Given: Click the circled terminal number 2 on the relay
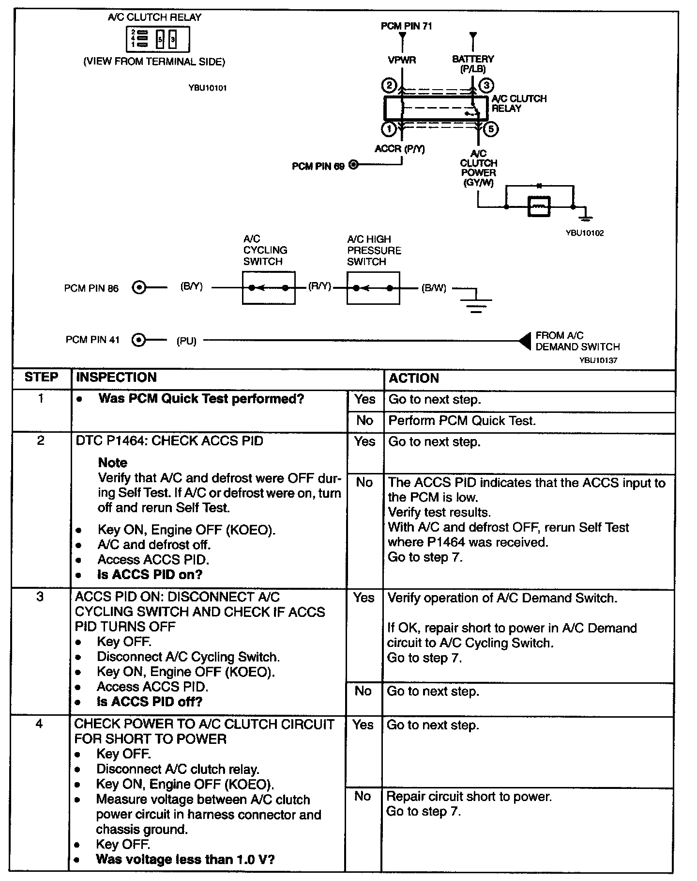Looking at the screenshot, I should (x=389, y=86).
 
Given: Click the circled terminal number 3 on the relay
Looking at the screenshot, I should (x=486, y=86).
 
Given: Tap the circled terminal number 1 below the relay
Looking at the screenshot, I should (x=389, y=129).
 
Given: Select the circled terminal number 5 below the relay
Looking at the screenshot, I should (x=490, y=129).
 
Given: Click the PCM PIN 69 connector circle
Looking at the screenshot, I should (x=354, y=166).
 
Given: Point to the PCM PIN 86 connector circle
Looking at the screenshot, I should (x=139, y=288).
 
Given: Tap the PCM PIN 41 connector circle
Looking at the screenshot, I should (x=139, y=340).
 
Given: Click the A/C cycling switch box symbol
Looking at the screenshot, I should (x=269, y=288).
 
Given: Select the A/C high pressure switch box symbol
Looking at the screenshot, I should (x=373, y=288).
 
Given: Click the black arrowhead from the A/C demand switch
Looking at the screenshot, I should (x=525, y=341).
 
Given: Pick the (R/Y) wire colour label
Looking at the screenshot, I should (x=319, y=287).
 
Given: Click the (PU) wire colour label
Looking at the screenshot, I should (x=186, y=341).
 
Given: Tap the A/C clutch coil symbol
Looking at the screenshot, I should (x=539, y=207).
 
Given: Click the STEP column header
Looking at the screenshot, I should (x=41, y=378).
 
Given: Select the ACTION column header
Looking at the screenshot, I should (x=414, y=378).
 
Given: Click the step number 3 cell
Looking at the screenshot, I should (x=40, y=597).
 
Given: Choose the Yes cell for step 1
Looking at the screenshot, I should (x=364, y=399).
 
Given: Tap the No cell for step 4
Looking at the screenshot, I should (x=363, y=796).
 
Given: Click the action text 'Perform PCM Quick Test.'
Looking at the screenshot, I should (x=462, y=421).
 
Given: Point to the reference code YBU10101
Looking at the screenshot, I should (x=208, y=88).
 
